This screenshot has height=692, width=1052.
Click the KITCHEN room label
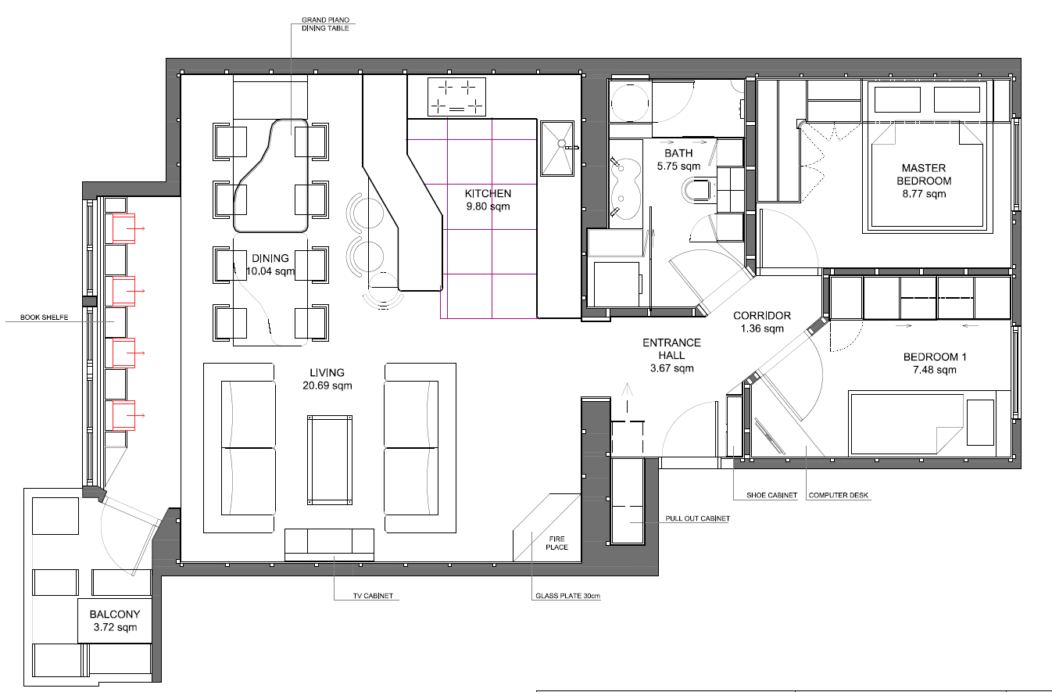coord(488,194)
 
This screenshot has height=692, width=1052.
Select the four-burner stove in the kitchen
coord(456,97)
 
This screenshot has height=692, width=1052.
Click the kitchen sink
coord(559,148)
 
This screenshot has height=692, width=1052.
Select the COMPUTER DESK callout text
coord(839,496)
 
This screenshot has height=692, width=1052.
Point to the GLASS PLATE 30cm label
coord(567,597)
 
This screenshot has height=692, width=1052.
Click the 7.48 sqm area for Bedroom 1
coord(935,370)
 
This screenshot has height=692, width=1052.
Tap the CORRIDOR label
coord(761,316)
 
